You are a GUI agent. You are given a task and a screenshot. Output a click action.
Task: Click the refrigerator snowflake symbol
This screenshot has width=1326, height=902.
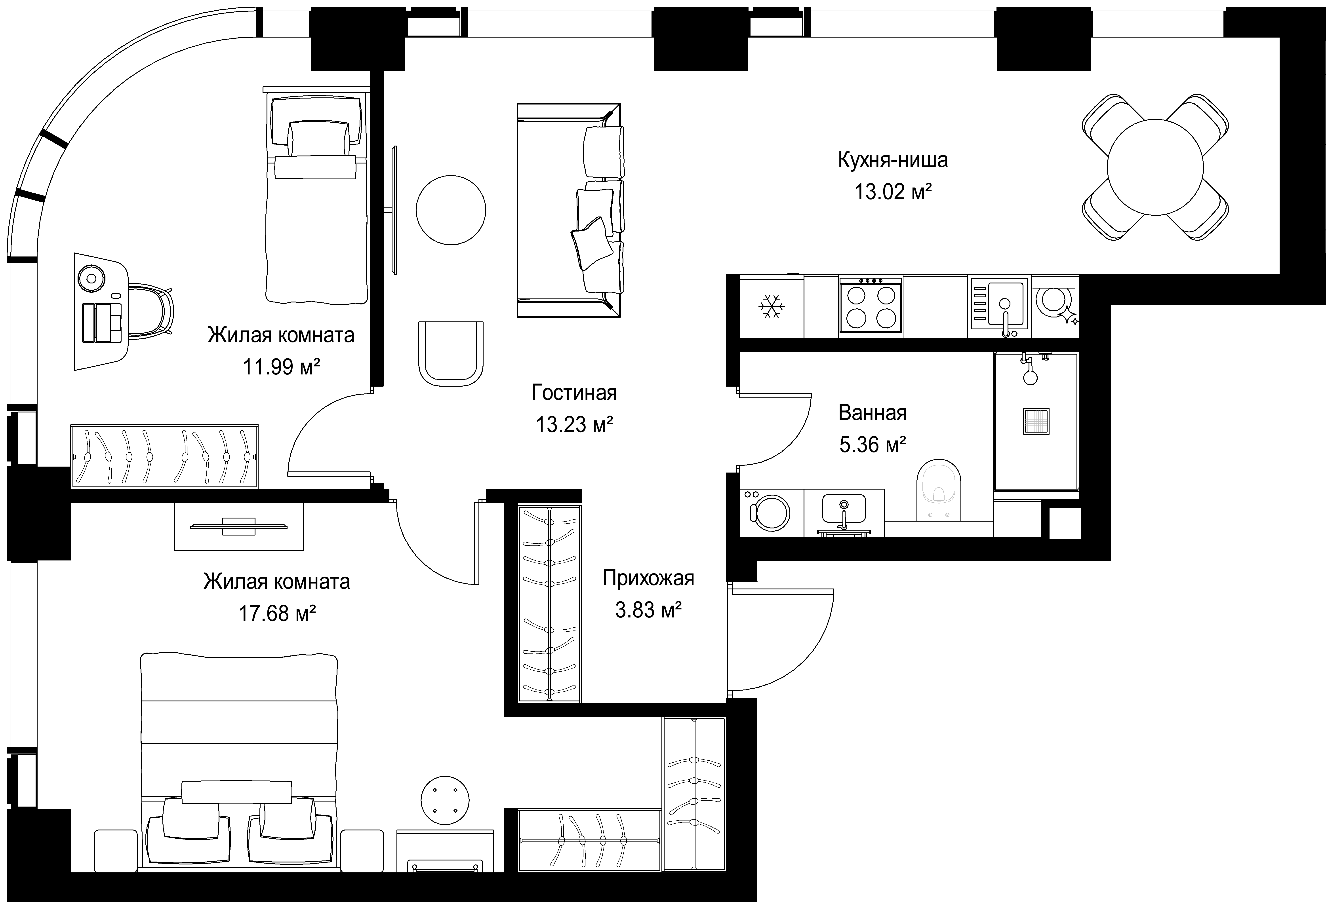tap(772, 307)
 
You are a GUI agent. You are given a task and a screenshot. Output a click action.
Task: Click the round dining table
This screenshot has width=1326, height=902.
tap(1155, 167)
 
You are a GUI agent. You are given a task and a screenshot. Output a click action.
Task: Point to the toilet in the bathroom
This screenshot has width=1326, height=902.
tap(939, 490)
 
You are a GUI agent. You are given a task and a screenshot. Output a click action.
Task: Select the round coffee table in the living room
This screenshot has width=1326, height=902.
tap(451, 210)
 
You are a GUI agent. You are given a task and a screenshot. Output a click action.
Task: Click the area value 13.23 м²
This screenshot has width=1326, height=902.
tap(575, 424)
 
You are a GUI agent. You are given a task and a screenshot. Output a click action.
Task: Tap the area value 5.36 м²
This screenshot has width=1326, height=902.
tap(873, 444)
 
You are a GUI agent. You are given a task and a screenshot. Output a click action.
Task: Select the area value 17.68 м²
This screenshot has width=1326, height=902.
tap(277, 614)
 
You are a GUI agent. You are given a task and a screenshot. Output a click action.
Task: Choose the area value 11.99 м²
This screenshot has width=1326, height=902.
tap(281, 367)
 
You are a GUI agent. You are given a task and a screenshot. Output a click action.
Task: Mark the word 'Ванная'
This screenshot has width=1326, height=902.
tap(873, 412)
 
